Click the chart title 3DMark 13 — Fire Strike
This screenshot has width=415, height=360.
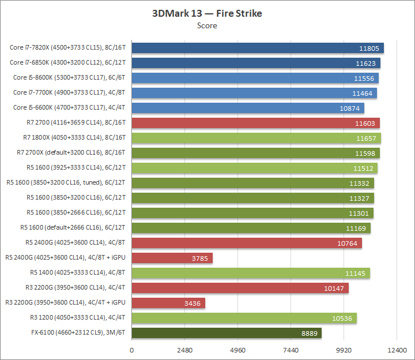(207, 13)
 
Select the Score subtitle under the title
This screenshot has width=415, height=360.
(207, 25)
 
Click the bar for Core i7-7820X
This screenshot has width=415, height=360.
(258, 48)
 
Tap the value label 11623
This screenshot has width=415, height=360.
(367, 63)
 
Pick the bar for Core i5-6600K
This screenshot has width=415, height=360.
(248, 108)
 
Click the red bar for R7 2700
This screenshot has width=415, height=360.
(255, 123)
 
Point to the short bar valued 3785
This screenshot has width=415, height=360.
(172, 258)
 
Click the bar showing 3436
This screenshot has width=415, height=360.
(168, 303)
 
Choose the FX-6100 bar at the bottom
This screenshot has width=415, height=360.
(227, 333)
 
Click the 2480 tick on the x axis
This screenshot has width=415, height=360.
(184, 350)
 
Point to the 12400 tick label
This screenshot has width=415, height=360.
(397, 350)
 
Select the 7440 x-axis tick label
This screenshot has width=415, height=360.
(290, 350)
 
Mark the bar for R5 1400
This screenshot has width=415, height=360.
(251, 273)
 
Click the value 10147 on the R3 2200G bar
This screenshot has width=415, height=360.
(335, 288)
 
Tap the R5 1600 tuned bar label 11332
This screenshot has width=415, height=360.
(361, 183)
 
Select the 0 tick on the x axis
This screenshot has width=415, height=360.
(132, 350)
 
